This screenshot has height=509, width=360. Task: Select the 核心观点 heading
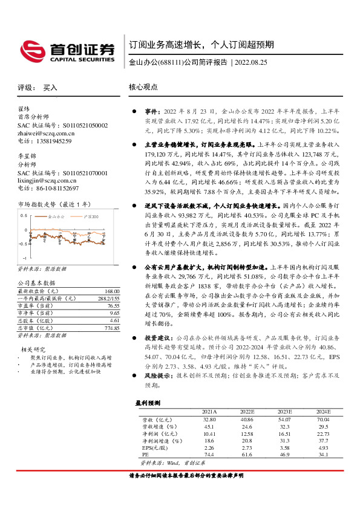coord(143,87)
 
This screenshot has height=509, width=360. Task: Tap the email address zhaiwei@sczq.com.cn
coord(46,133)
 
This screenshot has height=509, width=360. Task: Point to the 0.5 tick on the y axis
coord(24,215)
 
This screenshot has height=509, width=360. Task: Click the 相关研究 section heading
coord(34,349)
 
